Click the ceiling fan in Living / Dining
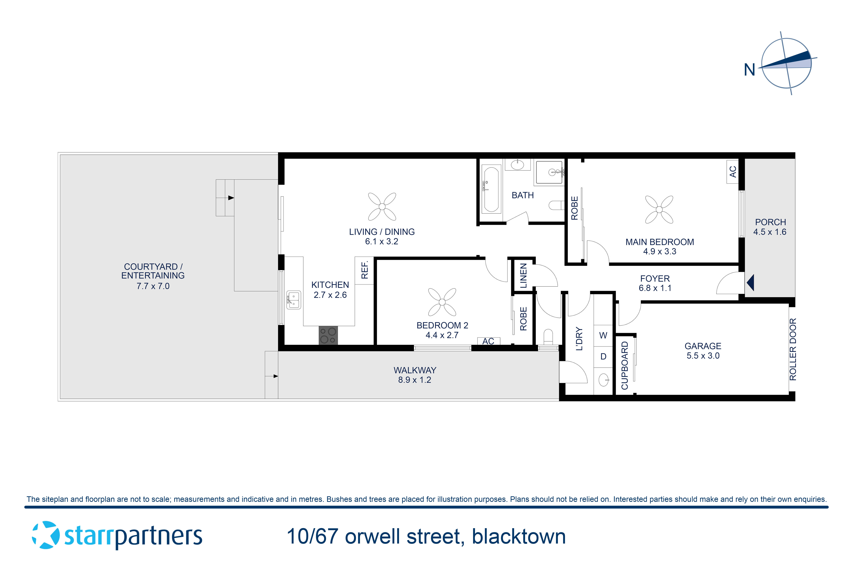pos(382,207)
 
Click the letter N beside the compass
pos(749,70)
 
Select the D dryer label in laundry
pos(603,356)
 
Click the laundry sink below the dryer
pos(603,380)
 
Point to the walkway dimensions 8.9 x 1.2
pos(415,380)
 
